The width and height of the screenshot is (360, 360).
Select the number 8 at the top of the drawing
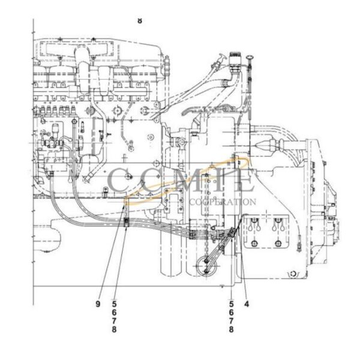tap(140, 20)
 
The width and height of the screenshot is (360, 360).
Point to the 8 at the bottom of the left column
tap(114, 329)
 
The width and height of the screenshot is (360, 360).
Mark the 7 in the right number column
tap(232, 321)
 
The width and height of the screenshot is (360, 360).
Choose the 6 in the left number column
tap(114, 313)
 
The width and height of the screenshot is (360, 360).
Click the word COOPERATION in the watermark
tap(222, 202)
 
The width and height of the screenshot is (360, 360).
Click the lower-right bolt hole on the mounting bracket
tap(278, 243)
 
